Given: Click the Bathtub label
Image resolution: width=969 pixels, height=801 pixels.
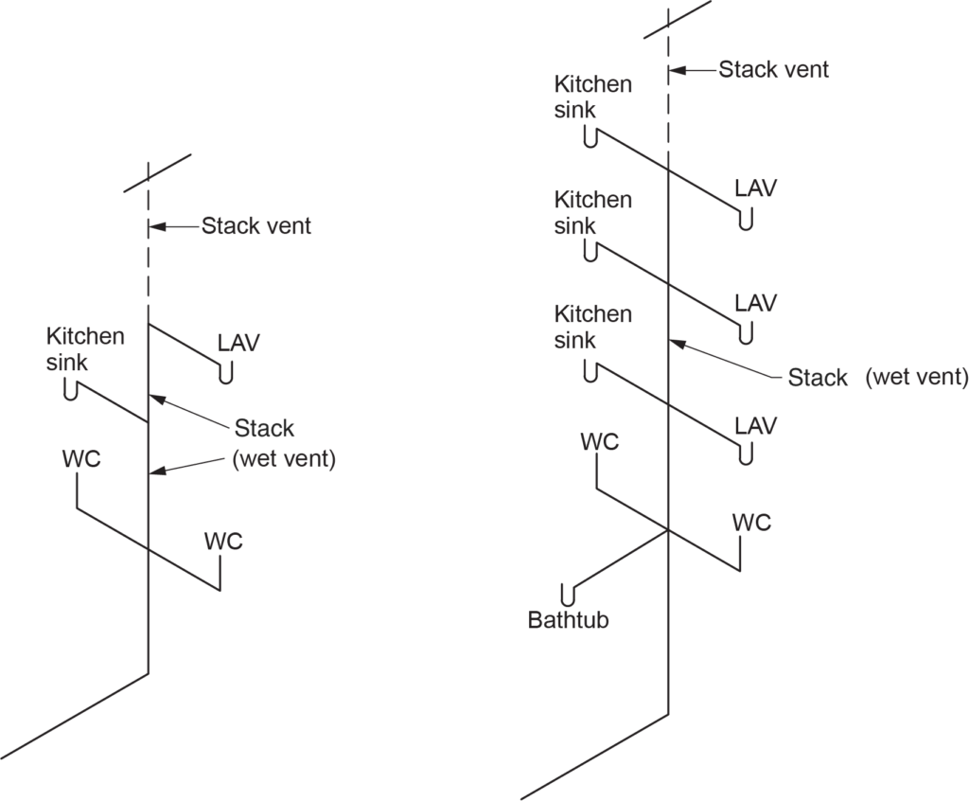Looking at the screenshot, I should pos(568,620).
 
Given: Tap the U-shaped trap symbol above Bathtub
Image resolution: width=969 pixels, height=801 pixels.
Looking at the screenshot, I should pos(568,595).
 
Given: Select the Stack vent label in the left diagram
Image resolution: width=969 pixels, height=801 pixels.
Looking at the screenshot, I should pos(255,226).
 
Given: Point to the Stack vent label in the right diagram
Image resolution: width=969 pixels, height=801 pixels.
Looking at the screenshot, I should pos(773,69).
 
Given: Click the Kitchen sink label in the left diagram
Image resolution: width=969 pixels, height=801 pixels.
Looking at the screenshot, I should pos(85,348).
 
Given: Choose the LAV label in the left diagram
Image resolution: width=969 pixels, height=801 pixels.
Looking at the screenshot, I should pos(238,342).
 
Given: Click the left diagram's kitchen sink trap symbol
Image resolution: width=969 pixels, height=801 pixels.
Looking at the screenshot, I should pos(71,389).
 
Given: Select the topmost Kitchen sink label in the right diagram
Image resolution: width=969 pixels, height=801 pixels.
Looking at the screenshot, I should pos(592,97).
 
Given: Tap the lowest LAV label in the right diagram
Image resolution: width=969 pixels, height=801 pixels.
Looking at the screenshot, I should pos(756,425).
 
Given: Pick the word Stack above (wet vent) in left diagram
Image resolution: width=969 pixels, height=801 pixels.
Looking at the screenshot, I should pos(265,428).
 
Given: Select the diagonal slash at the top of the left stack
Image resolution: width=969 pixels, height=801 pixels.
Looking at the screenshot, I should pos(157,172).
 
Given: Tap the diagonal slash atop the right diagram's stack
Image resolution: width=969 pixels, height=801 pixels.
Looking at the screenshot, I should pos(677,19).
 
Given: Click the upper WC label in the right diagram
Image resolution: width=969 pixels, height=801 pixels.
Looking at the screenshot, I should pos(600,441).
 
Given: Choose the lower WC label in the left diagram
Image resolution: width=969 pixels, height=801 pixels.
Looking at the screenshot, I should pos(223,542).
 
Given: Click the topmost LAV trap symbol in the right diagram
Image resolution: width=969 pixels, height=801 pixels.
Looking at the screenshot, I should pos(746,222).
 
